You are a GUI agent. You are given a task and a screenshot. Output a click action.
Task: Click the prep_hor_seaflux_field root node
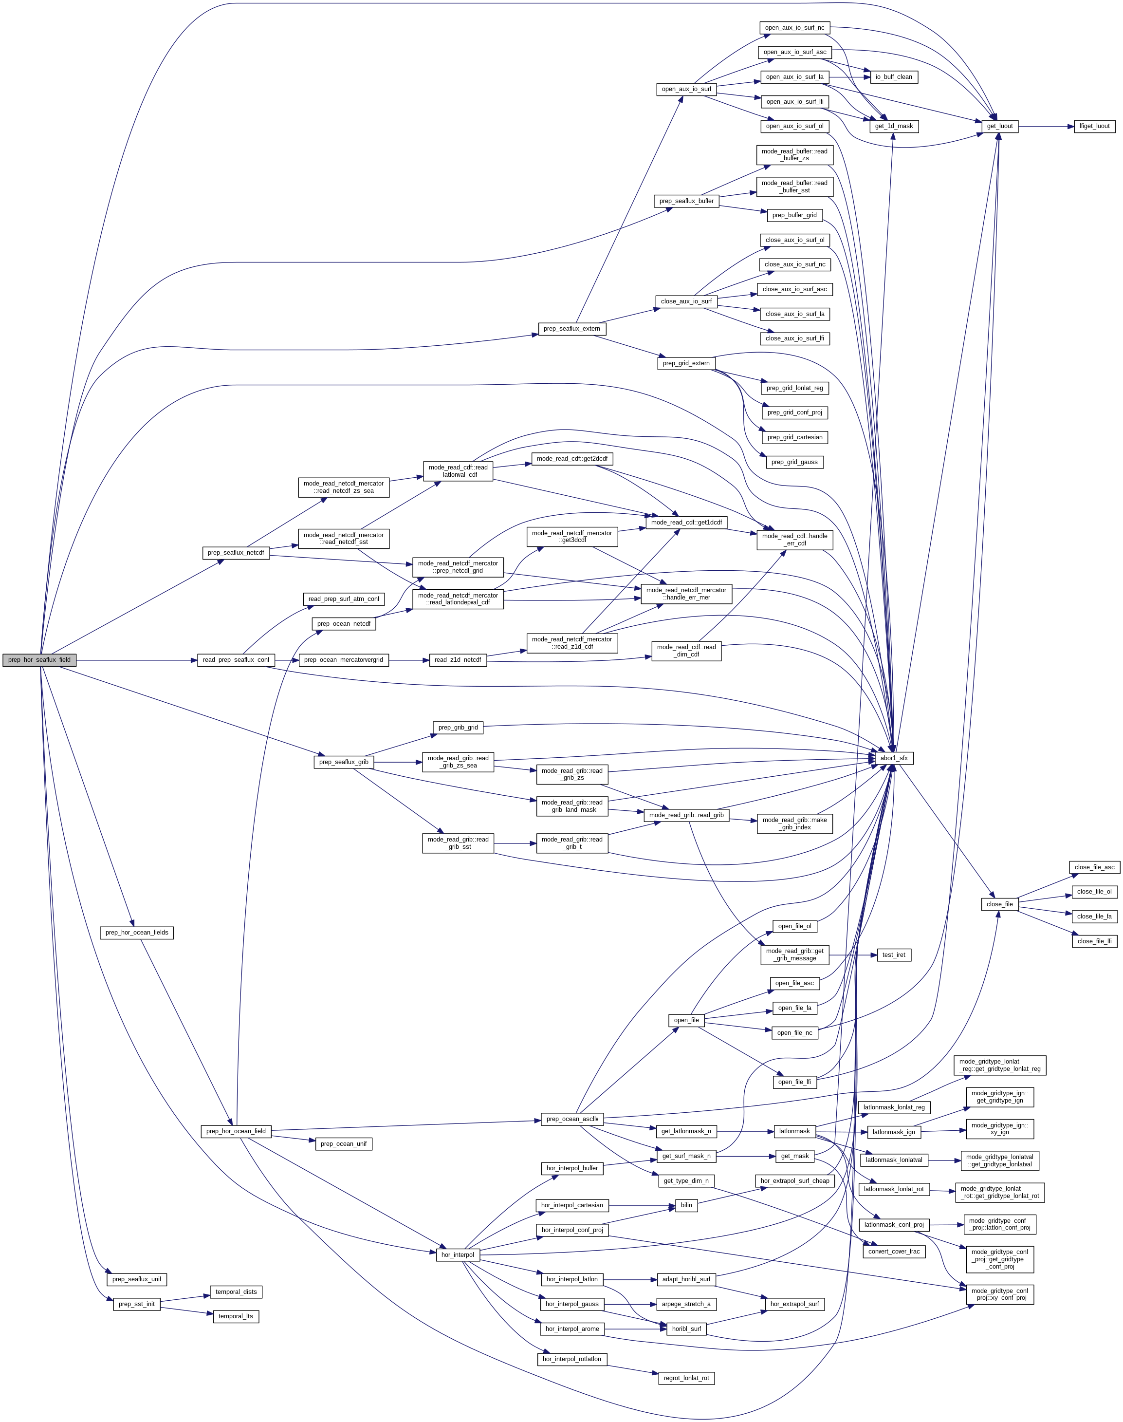click(39, 660)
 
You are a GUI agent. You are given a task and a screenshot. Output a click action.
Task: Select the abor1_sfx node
click(894, 758)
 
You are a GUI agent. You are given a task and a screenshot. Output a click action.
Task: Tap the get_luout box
click(999, 126)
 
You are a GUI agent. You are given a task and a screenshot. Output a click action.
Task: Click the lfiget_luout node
click(1094, 126)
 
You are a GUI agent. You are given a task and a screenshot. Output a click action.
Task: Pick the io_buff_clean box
click(894, 77)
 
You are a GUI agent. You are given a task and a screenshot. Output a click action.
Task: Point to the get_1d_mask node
click(894, 126)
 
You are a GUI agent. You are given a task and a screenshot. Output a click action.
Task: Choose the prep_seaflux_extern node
click(572, 328)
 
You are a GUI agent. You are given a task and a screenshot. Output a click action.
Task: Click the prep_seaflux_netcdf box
click(236, 553)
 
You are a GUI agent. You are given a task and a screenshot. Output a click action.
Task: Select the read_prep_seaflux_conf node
click(236, 660)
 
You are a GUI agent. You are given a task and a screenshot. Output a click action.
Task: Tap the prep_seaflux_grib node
click(343, 762)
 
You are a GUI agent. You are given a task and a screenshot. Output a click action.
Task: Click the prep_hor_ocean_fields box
click(137, 932)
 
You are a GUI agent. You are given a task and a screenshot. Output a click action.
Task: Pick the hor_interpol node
click(457, 1254)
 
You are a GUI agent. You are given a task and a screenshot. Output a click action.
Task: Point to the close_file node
click(999, 904)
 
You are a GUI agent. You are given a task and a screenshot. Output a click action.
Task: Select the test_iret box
click(894, 954)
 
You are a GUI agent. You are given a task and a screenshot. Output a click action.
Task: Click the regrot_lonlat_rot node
click(686, 1377)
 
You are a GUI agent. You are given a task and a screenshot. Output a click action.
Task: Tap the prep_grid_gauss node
click(794, 462)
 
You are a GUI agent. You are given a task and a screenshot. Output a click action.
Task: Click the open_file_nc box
click(794, 1032)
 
